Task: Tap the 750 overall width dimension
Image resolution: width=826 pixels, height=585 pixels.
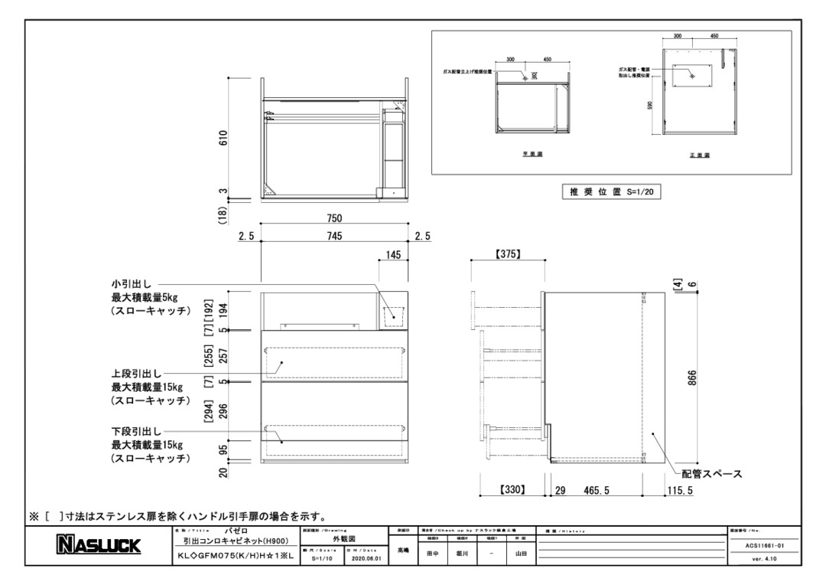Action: tap(334, 219)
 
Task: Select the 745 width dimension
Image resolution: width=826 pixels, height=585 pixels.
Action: tap(334, 236)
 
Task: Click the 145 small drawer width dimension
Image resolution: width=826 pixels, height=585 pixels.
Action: tap(394, 256)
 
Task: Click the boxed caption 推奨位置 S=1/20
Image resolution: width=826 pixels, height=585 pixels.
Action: tap(610, 193)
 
